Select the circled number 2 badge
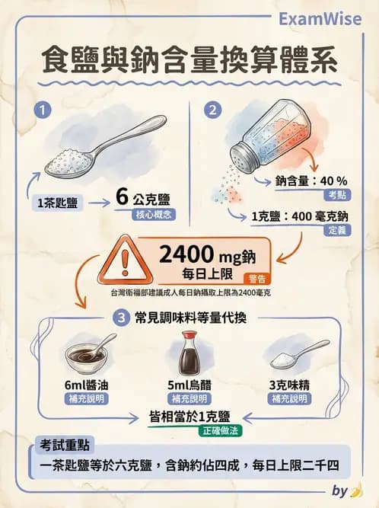(x=214, y=110)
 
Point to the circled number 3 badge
(x=119, y=316)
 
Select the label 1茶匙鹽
(x=59, y=203)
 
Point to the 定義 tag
(x=336, y=230)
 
